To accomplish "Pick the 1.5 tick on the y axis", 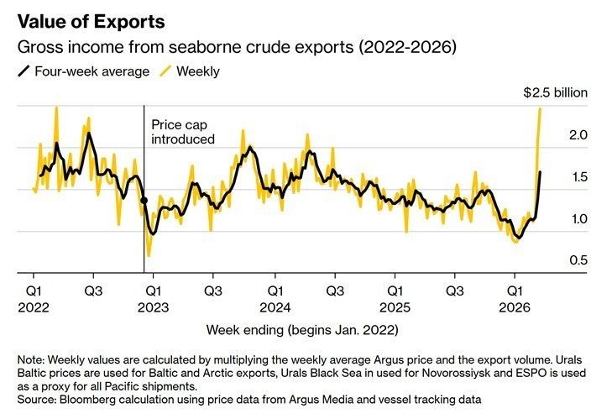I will [577, 177].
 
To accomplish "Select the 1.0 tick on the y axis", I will [577, 219].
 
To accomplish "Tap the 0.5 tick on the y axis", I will [577, 261].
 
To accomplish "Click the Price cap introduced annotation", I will [183, 132].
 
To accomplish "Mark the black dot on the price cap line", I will [144, 201].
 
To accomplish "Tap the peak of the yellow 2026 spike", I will [540, 108].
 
